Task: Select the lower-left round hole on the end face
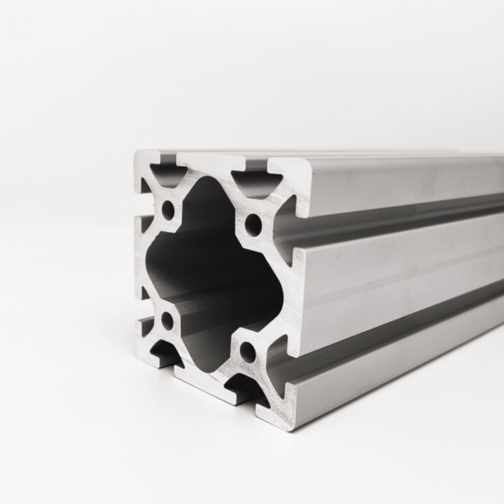tap(167, 321)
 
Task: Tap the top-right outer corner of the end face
tap(309, 162)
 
